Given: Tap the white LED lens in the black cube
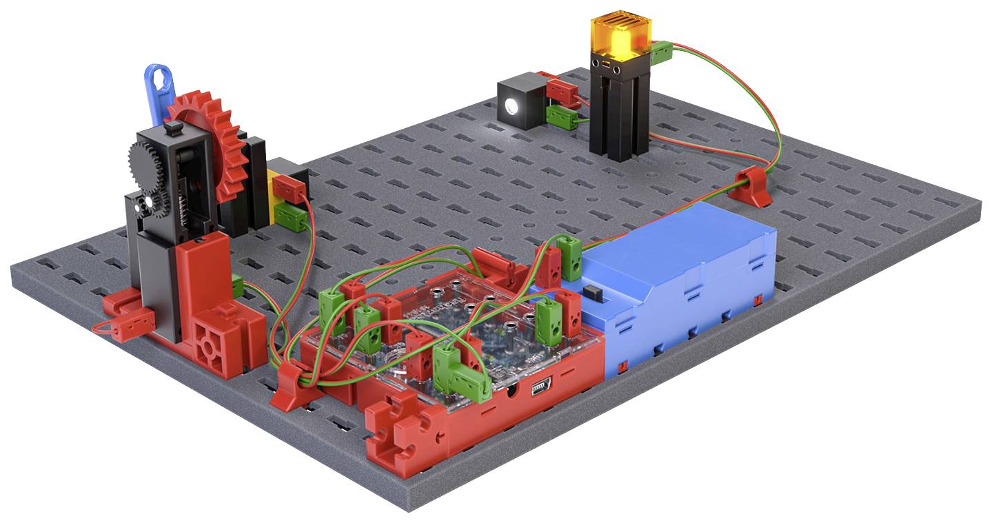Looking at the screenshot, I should click(512, 106).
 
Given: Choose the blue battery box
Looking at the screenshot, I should click(682, 276).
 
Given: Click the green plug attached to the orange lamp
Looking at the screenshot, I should click(660, 50).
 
